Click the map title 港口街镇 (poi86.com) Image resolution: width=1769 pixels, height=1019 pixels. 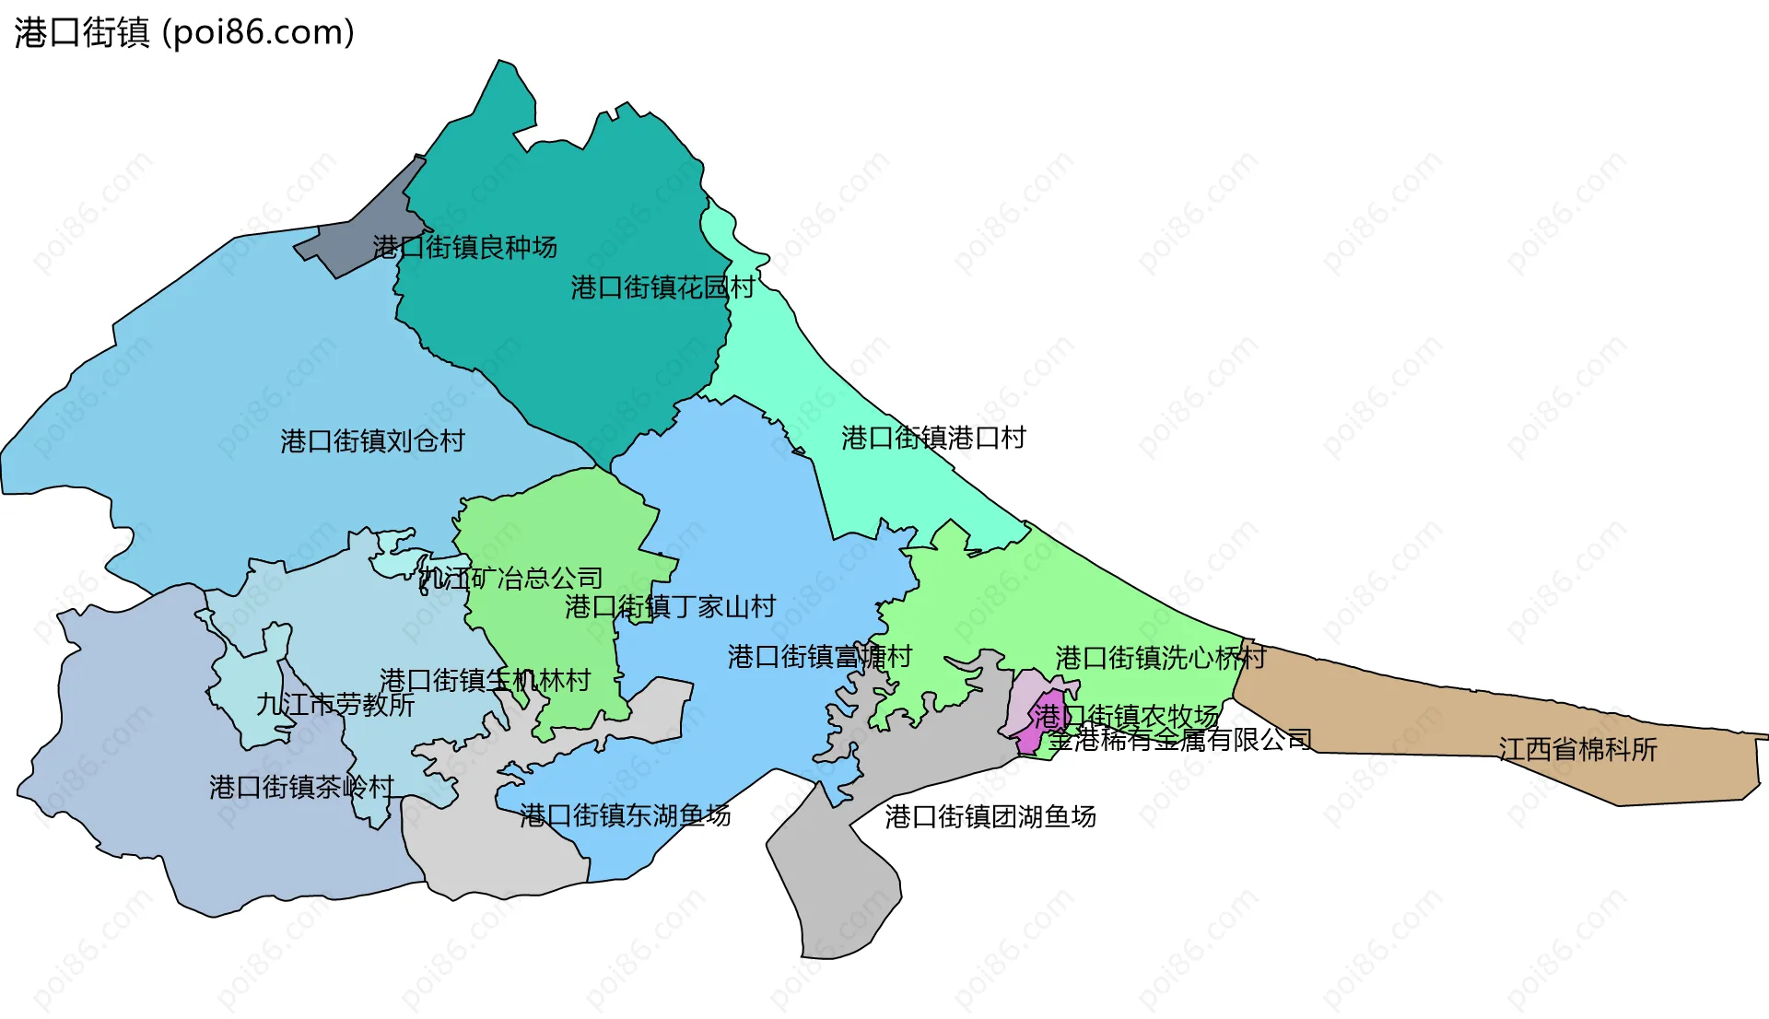tap(184, 33)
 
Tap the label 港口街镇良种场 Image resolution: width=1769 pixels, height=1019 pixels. tap(464, 247)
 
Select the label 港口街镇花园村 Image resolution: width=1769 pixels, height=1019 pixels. tap(662, 287)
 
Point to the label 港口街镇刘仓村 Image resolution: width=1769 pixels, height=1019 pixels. tap(372, 441)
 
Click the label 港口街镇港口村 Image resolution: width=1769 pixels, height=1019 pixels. tap(933, 438)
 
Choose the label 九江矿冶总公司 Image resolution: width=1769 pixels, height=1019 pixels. tap(510, 579)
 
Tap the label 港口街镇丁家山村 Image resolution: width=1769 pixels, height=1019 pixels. tap(670, 606)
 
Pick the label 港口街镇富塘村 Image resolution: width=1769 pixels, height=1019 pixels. tap(819, 657)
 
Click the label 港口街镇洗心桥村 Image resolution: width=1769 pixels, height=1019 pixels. tap(1160, 658)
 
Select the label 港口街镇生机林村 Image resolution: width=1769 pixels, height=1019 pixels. tap(485, 681)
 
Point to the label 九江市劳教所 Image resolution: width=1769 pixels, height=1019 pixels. tap(335, 705)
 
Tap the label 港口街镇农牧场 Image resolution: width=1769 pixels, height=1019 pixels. tap(1126, 716)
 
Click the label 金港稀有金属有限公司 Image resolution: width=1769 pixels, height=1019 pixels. tap(1179, 739)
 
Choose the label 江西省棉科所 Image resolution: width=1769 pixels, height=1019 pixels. tap(1577, 749)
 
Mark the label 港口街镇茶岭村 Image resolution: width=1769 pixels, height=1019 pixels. tap(301, 787)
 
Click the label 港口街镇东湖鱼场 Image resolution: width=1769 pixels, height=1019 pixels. tap(625, 815)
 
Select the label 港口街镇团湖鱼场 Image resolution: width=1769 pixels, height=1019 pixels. tap(990, 816)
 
